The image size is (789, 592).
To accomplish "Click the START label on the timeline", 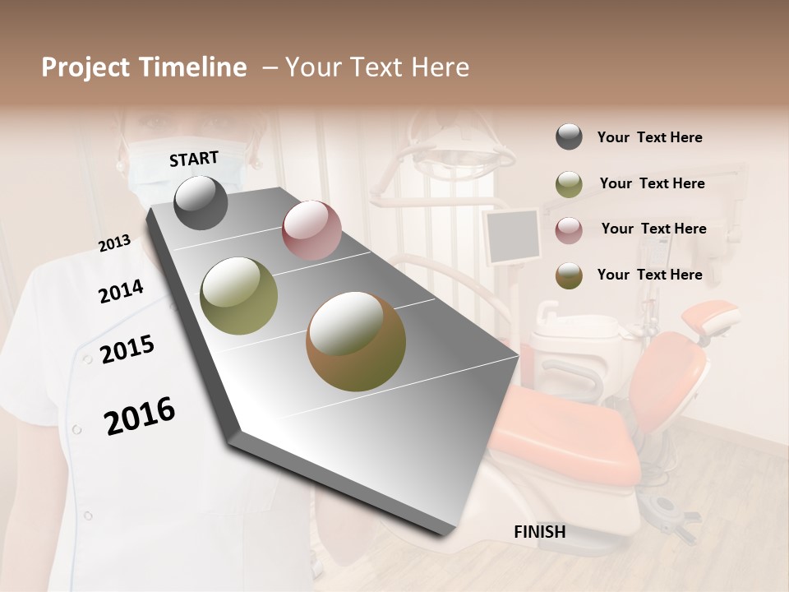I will pos(194,159).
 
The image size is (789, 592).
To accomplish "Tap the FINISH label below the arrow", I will pos(539,532).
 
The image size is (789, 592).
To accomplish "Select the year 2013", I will pos(114,243).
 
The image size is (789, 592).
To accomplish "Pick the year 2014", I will pos(121,291).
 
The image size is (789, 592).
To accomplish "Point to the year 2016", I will pos(140,415).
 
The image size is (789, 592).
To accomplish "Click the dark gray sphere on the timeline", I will pos(201,203).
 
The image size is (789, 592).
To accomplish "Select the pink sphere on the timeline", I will pos(311,230).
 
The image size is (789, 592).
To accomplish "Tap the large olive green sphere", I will pos(239,296).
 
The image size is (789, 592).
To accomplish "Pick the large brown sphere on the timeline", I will pos(356,341).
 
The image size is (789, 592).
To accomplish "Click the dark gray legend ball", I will pos(569,137).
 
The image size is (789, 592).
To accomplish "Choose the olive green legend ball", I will pos(569,183).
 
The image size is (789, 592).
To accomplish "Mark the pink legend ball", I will pos(569,229).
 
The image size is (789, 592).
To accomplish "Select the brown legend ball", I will pos(569,275).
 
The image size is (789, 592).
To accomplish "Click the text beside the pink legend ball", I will pos(653,229).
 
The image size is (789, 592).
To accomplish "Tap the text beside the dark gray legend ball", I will pos(649,137).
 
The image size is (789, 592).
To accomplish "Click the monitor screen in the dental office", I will pos(511,236).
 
